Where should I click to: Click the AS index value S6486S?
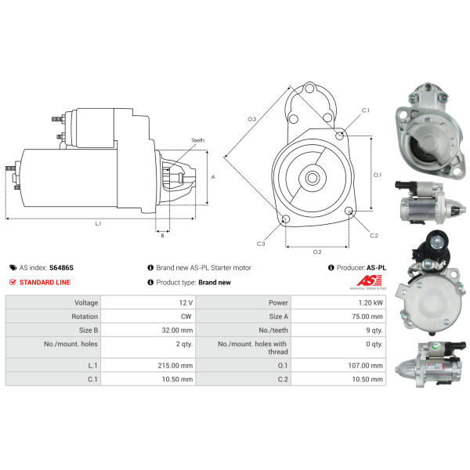coord(61,268)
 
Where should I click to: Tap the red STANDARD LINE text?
coord(45,282)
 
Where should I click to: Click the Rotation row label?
coord(85,316)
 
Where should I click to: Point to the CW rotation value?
coord(186,316)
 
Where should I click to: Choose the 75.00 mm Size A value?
coord(367,316)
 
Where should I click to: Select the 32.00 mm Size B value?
coord(177,331)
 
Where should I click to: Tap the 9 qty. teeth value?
coord(374,331)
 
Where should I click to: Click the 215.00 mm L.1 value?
coord(175,366)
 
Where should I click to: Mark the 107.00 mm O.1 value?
coord(365,366)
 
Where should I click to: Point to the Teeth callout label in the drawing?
coord(198,140)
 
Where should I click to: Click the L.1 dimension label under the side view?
coord(99,223)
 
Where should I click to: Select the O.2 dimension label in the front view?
coord(317,252)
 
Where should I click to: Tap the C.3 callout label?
coord(261,244)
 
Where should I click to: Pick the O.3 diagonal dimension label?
coord(251,119)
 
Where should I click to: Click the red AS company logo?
coord(369,281)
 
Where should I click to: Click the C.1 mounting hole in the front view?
coord(339,136)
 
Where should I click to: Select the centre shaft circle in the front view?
coord(313,178)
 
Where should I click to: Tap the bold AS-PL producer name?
coord(376,268)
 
